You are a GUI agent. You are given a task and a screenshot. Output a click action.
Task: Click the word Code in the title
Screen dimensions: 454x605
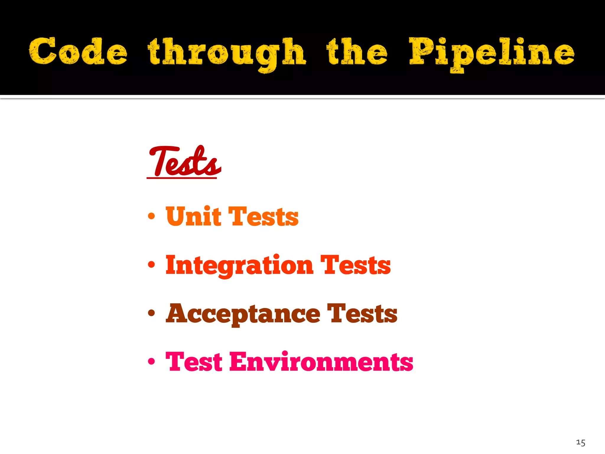pyautogui.click(x=78, y=51)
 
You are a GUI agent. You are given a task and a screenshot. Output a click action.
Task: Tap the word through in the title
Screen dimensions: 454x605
pyautogui.click(x=227, y=53)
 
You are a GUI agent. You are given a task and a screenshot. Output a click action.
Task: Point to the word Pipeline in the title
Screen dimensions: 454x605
pyautogui.click(x=491, y=53)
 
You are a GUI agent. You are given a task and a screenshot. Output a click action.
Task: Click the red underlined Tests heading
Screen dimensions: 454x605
pyautogui.click(x=184, y=162)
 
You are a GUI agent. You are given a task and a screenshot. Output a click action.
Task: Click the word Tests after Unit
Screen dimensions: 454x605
pyautogui.click(x=264, y=217)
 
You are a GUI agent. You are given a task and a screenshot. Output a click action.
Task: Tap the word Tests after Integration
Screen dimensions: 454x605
pyautogui.click(x=355, y=265)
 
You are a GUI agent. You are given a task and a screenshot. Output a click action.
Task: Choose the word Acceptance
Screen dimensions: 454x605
pyautogui.click(x=243, y=314)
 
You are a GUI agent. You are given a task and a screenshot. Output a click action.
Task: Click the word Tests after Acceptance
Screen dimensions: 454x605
pyautogui.click(x=362, y=314)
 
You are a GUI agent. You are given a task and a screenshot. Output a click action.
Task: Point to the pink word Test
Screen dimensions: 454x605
pyautogui.click(x=194, y=362)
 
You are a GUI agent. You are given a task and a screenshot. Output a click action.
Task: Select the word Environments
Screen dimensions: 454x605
pyautogui.click(x=321, y=362)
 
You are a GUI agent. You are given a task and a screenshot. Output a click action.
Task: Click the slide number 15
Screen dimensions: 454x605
pyautogui.click(x=580, y=442)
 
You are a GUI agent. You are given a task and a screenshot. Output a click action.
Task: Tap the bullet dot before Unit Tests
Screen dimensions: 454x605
pyautogui.click(x=151, y=216)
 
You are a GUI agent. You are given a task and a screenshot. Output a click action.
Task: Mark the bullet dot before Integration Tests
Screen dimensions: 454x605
pyautogui.click(x=151, y=265)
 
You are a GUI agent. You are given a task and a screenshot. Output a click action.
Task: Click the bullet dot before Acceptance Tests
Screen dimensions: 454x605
pyautogui.click(x=151, y=313)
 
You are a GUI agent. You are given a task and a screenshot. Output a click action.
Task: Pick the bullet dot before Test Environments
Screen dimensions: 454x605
pyautogui.click(x=151, y=361)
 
